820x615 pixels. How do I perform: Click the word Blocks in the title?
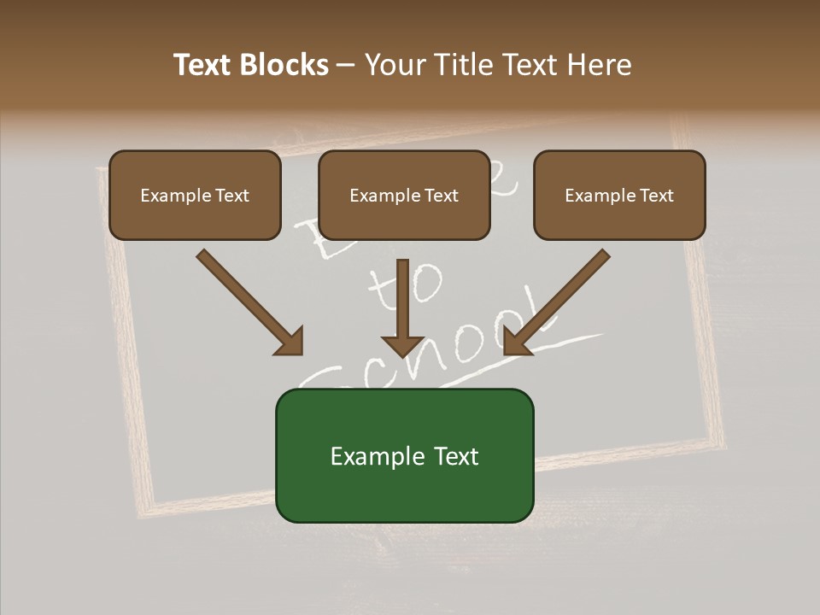tap(283, 65)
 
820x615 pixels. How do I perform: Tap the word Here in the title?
tap(597, 65)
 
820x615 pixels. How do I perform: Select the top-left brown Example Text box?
tap(195, 195)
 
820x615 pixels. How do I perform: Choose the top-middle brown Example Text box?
tap(404, 195)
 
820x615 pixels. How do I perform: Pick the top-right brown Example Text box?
tap(619, 195)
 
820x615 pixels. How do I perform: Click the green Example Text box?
tap(404, 455)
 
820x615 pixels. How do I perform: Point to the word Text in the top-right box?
tap(656, 196)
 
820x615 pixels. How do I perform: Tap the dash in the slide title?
tap(346, 66)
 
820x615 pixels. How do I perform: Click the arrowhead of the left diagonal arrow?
tap(290, 341)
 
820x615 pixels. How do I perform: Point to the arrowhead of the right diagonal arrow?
tap(516, 341)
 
